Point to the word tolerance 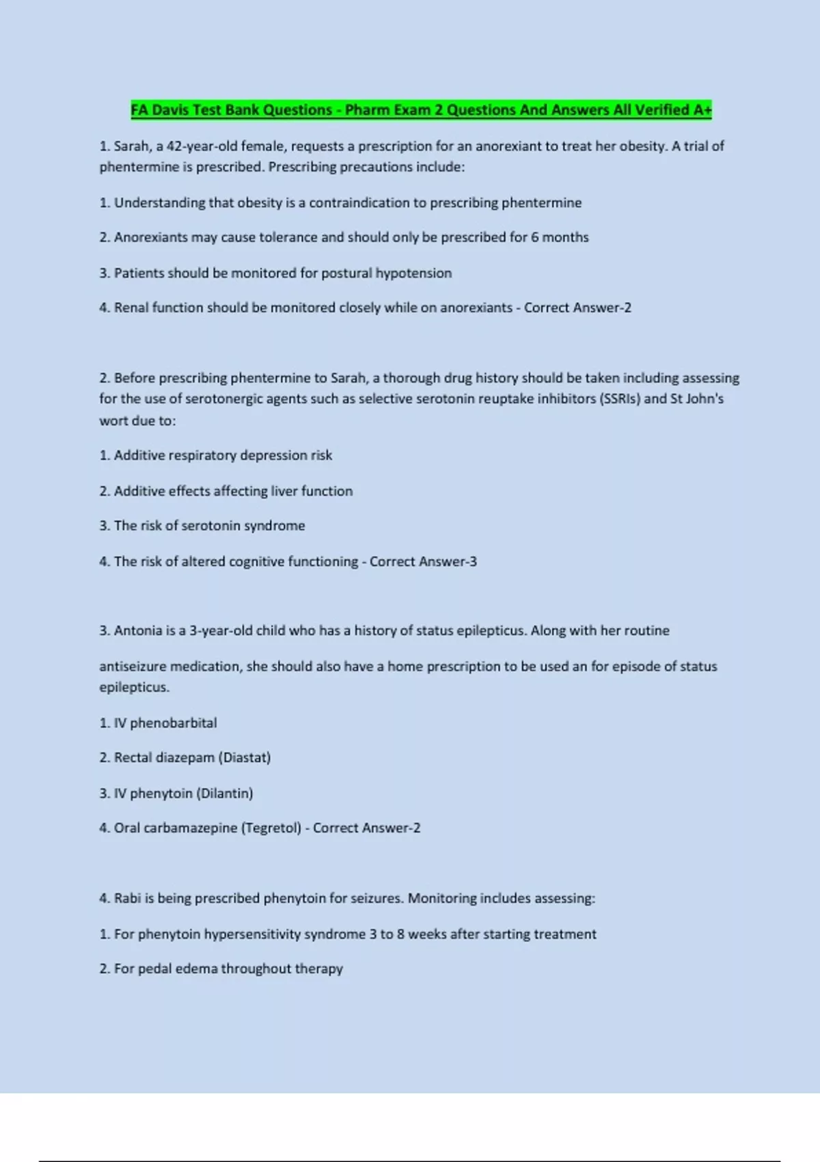(288, 237)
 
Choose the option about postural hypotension (275, 273)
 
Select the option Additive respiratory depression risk (216, 455)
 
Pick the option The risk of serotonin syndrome (202, 526)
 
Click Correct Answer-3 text (423, 561)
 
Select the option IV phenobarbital (158, 723)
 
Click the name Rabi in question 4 (127, 898)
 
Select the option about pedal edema (221, 969)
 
